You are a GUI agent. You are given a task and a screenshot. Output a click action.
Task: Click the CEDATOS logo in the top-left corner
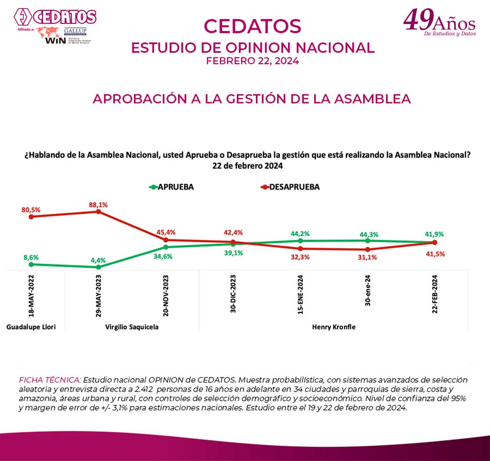55,17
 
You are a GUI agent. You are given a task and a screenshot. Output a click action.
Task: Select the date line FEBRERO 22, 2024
252,61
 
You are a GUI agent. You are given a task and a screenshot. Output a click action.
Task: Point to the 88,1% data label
98,205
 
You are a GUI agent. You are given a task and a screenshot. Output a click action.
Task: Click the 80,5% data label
31,209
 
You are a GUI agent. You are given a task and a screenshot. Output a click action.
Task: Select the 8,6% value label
31,257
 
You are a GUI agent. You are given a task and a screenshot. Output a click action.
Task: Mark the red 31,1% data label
367,257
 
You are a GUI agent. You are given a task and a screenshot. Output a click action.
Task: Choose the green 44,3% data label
367,234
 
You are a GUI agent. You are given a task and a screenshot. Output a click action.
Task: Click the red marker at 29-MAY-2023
98,211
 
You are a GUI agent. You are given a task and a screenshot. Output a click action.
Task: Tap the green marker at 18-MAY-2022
31,264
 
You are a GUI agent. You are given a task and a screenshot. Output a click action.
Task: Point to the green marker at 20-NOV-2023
166,247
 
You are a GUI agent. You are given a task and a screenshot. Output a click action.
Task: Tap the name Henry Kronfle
334,327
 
